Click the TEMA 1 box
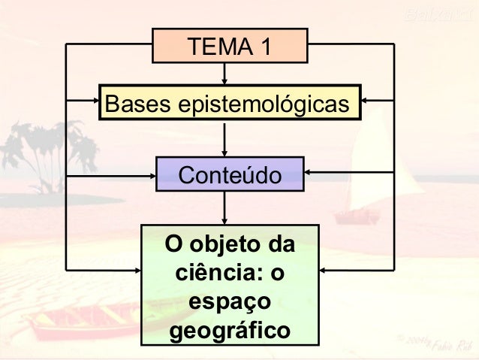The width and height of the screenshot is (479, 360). tap(230, 46)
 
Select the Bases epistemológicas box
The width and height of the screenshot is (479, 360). tap(230, 102)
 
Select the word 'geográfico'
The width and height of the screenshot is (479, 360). tap(230, 329)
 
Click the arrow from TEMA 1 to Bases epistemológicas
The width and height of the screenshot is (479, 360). tap(224, 74)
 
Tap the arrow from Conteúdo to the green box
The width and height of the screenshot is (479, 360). tap(224, 207)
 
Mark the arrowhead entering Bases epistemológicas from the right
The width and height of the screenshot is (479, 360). tap(366, 101)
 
